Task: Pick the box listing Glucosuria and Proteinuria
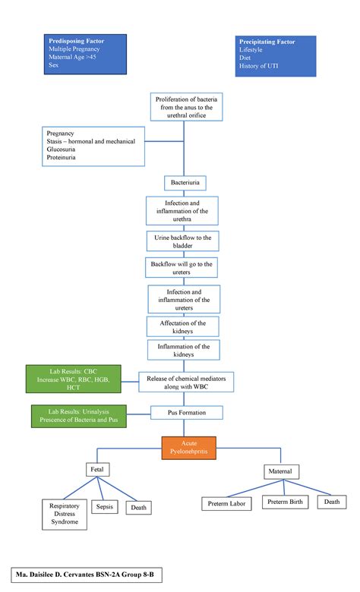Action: point(93,146)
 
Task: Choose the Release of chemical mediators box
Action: point(186,382)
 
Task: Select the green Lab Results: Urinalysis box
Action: point(78,415)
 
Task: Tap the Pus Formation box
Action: point(186,413)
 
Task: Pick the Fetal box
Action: point(97,470)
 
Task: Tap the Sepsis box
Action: point(105,506)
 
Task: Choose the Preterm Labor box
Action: point(229,502)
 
